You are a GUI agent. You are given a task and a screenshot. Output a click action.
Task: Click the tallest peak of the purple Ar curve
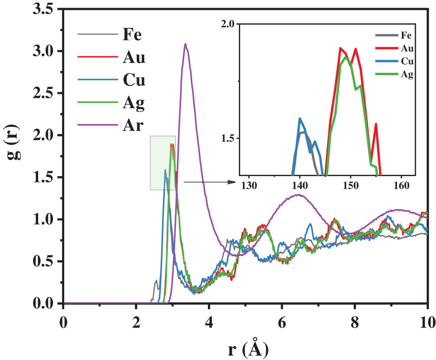[x=185, y=44]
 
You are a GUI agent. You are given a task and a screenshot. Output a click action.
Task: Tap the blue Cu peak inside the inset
[x=299, y=119]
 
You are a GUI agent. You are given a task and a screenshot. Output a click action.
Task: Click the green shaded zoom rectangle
[x=163, y=162]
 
